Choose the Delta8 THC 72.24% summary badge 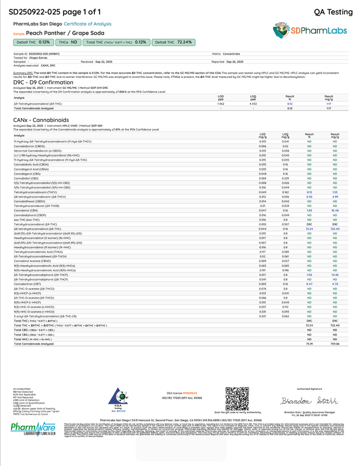[173, 42]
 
